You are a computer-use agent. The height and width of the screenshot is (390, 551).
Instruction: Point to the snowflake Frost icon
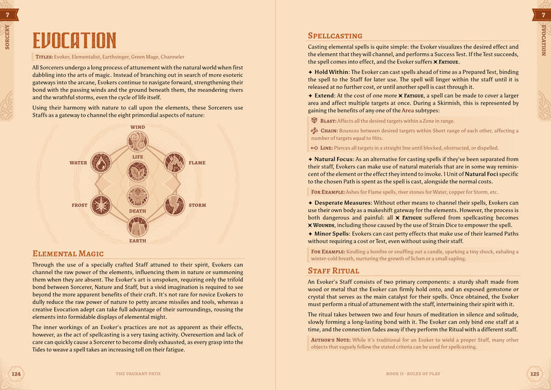pos(102,205)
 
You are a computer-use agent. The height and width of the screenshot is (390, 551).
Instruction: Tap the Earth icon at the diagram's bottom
pos(138,226)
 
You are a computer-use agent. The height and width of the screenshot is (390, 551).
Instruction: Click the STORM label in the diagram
pos(197,205)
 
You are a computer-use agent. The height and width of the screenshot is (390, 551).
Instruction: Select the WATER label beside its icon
pos(78,163)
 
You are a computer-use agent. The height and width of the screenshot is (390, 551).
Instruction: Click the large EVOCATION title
pos(74,40)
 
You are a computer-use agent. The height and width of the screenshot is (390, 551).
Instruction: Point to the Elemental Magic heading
pos(68,253)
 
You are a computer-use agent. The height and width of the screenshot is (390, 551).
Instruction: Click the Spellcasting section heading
pos(335,36)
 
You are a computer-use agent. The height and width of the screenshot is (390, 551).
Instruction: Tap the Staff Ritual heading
pos(333,270)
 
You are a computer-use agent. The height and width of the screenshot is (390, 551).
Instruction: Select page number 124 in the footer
pos(16,374)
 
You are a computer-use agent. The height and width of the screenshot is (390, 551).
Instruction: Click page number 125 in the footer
pos(534,374)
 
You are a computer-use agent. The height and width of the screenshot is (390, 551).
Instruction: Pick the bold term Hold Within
pos(331,72)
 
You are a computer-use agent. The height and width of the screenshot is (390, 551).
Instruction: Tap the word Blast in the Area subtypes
pos(328,121)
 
